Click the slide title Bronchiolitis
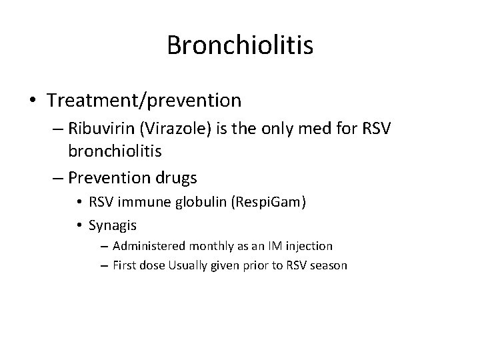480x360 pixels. click(240, 45)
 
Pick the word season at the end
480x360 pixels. click(329, 265)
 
